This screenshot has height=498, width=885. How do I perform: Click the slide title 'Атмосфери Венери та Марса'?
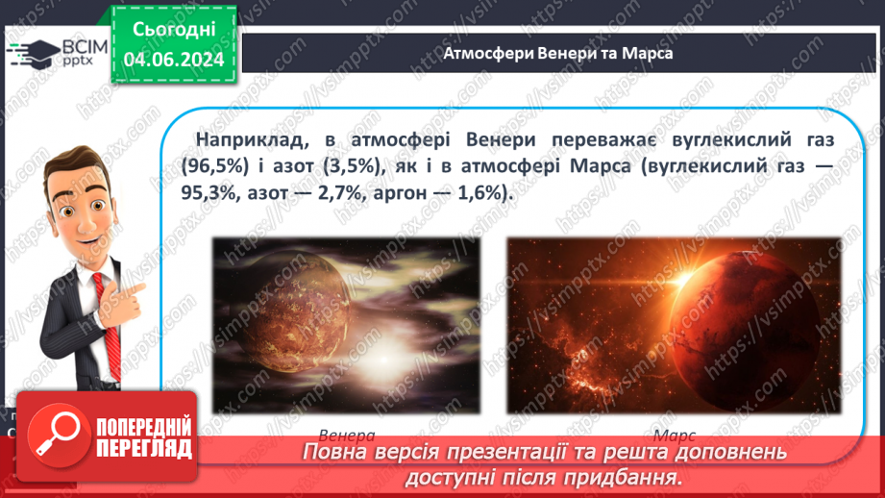pos(557,54)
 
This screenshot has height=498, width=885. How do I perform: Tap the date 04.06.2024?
pos(173,60)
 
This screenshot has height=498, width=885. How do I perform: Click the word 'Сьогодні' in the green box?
pos(173,32)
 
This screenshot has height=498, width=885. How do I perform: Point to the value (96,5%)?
pos(215,166)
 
